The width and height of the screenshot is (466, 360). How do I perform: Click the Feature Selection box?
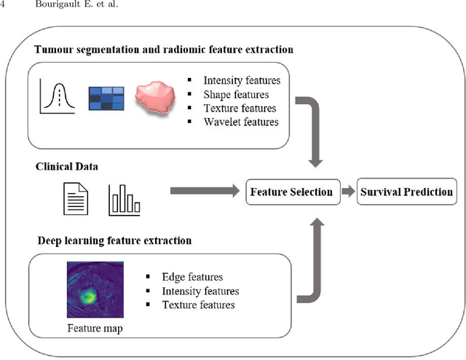[291, 192]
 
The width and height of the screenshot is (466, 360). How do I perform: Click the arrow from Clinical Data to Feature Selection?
[206, 192]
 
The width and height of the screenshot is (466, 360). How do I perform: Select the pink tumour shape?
[160, 96]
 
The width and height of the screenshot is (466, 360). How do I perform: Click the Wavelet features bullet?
[242, 122]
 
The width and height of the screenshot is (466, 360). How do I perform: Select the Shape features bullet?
[236, 94]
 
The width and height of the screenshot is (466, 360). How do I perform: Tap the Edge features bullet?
[192, 277]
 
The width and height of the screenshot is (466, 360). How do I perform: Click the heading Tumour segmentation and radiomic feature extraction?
[164, 50]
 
